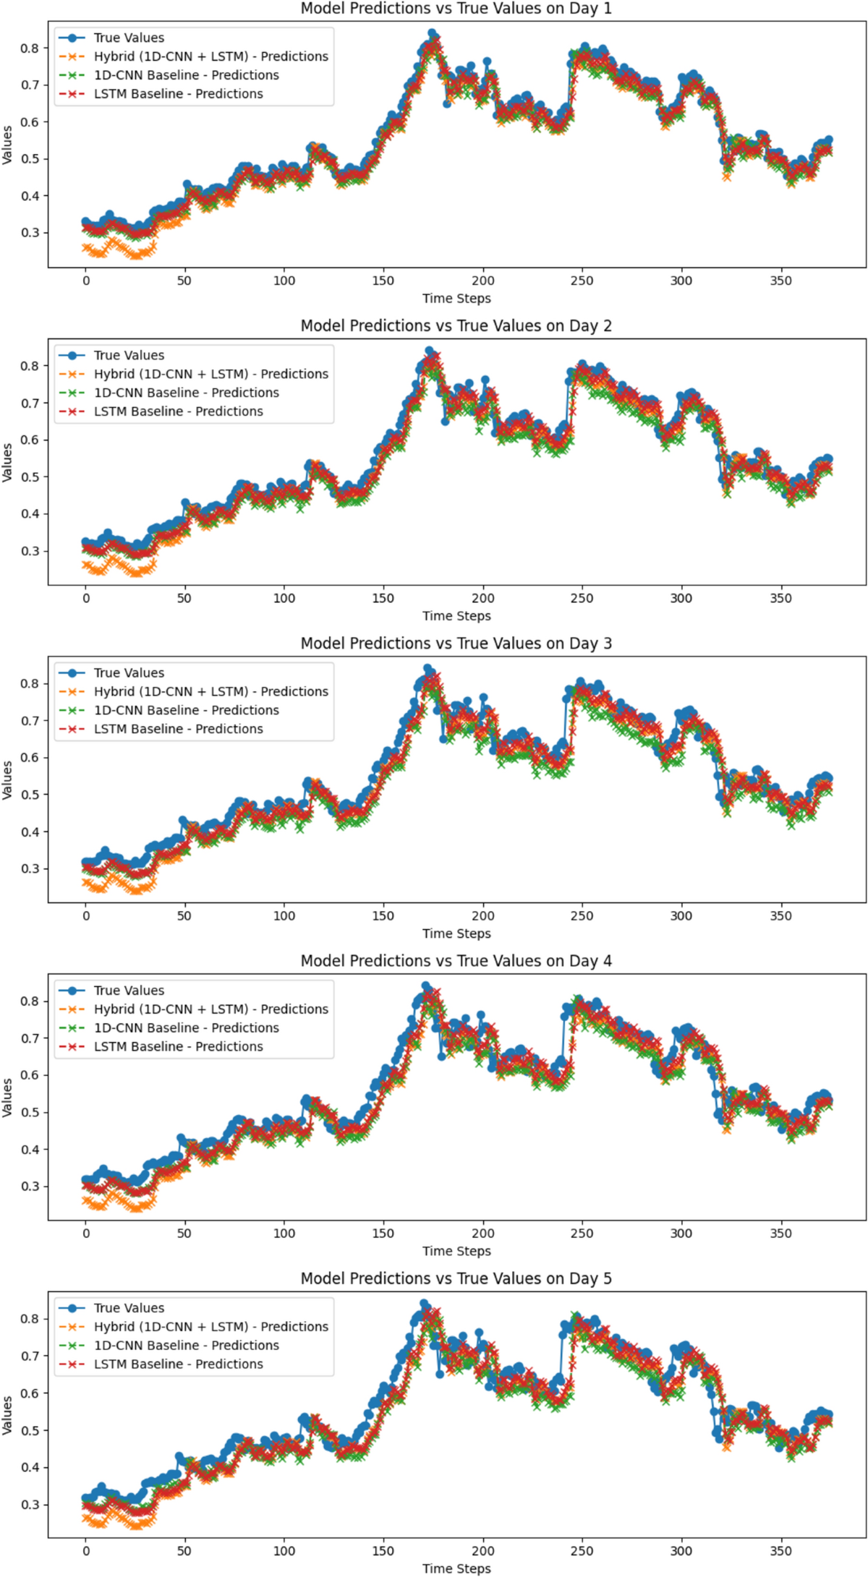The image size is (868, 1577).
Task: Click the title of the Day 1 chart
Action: [456, 9]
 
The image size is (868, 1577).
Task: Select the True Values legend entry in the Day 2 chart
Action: [129, 355]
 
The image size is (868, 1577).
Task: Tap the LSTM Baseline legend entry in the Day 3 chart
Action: [178, 729]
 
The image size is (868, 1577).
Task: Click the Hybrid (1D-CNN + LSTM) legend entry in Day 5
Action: [210, 1326]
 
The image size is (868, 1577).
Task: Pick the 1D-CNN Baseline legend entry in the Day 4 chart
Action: [186, 1027]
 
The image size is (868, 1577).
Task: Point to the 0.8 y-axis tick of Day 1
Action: [30, 48]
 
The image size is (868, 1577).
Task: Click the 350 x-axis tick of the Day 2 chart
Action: [780, 598]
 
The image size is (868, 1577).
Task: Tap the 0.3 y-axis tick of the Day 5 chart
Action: [30, 1504]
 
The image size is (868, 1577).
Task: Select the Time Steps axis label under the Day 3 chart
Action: [456, 933]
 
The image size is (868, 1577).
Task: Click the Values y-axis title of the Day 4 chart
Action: [7, 1097]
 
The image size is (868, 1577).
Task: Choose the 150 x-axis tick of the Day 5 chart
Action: [383, 1550]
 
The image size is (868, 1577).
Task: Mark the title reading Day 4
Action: [456, 961]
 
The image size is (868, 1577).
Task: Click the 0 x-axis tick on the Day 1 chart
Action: [86, 281]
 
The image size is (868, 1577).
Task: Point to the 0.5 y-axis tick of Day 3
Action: [30, 794]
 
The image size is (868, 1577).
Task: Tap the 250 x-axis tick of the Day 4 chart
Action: [582, 1233]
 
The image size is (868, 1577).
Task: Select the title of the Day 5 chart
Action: [456, 1278]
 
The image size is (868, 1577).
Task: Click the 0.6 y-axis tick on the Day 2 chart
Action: [30, 440]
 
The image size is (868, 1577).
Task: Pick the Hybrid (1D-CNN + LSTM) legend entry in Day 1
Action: [210, 56]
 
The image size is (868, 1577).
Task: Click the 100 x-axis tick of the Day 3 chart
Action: [284, 915]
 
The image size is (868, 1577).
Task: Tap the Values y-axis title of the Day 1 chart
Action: [7, 145]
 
